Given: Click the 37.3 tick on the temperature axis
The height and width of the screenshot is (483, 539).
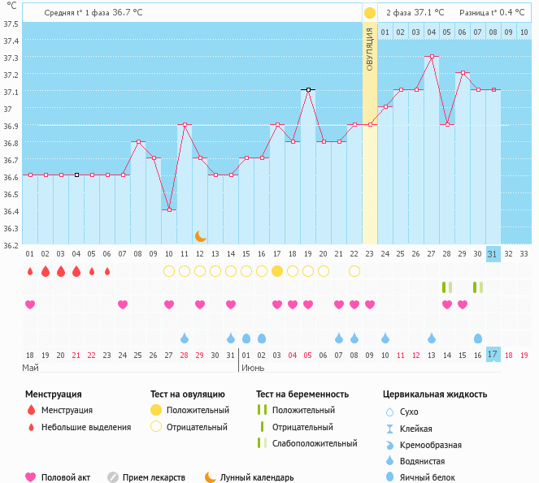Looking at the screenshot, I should [11, 58].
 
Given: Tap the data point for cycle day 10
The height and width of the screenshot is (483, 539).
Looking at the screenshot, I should [169, 209].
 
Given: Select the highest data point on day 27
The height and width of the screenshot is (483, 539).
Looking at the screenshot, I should [432, 57].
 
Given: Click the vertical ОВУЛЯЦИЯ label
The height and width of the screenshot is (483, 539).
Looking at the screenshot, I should [369, 49].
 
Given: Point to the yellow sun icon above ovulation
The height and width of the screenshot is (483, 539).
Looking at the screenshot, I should [370, 13].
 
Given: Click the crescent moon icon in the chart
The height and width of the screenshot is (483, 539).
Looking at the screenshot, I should [200, 235].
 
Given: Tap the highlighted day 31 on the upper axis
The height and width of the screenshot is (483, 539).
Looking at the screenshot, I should [493, 254].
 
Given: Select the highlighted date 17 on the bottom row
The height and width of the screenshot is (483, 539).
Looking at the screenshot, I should [493, 354].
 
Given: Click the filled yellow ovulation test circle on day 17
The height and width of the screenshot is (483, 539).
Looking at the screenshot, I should [277, 270].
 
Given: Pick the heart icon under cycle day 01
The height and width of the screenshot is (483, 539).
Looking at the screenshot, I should [30, 304].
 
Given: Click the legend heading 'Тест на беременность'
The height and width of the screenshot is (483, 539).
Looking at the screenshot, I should [302, 394].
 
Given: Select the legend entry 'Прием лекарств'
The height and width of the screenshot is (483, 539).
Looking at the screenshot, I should [154, 477].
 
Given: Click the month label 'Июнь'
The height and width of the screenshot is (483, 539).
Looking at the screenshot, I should [252, 368].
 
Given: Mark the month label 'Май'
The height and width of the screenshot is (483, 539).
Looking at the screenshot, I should [31, 368].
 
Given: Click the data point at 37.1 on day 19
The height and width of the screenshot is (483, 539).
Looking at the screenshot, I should [308, 89].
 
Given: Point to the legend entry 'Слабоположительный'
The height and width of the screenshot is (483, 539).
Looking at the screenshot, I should [315, 443].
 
